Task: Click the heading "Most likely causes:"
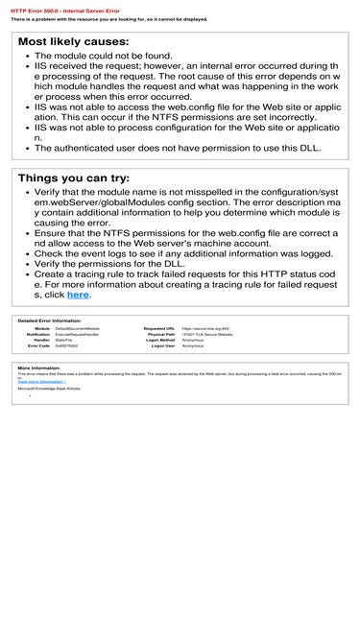point(73,42)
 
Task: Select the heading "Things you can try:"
point(74,178)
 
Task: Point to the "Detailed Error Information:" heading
point(50,320)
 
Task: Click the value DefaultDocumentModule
point(78,328)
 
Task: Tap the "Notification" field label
point(38,334)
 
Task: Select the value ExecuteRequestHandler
point(77,334)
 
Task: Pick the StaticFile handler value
point(64,340)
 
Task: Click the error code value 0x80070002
point(67,345)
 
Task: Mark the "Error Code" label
point(39,345)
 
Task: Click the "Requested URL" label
point(159,328)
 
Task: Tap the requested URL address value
point(206,328)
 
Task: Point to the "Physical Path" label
point(161,334)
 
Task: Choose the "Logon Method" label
point(160,340)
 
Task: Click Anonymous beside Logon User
point(193,345)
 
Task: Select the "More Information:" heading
point(39,367)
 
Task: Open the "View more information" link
point(41,381)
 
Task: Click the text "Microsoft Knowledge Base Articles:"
point(50,389)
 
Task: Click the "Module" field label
point(42,328)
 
